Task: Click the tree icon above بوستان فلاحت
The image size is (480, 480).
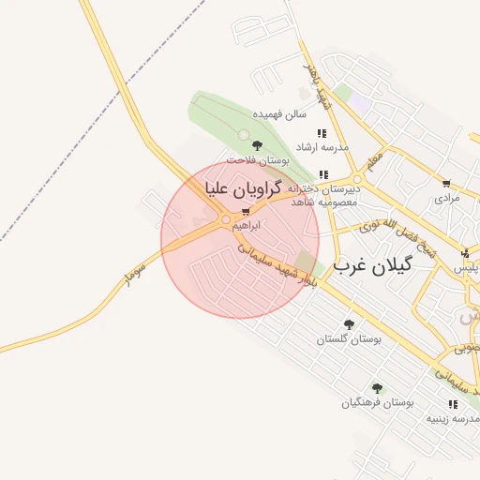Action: pos(257,144)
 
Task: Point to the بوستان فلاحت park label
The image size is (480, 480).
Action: pos(258,160)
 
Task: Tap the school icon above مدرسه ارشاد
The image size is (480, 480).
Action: pos(322,133)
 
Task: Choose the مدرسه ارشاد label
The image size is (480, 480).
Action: pos(322,147)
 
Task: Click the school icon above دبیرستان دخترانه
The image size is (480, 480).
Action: pos(323,174)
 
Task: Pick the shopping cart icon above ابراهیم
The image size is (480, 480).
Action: pos(246,212)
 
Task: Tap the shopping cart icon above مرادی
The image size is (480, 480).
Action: pos(446,184)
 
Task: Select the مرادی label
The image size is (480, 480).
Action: pos(447,199)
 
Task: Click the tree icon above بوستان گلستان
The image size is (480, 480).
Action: pos(349,324)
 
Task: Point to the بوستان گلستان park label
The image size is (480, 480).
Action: pos(349,339)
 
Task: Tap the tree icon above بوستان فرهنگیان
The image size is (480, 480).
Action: pos(377,387)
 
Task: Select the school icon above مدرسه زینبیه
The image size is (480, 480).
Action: pos(454,404)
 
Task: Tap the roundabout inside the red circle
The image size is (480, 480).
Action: pos(225,221)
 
